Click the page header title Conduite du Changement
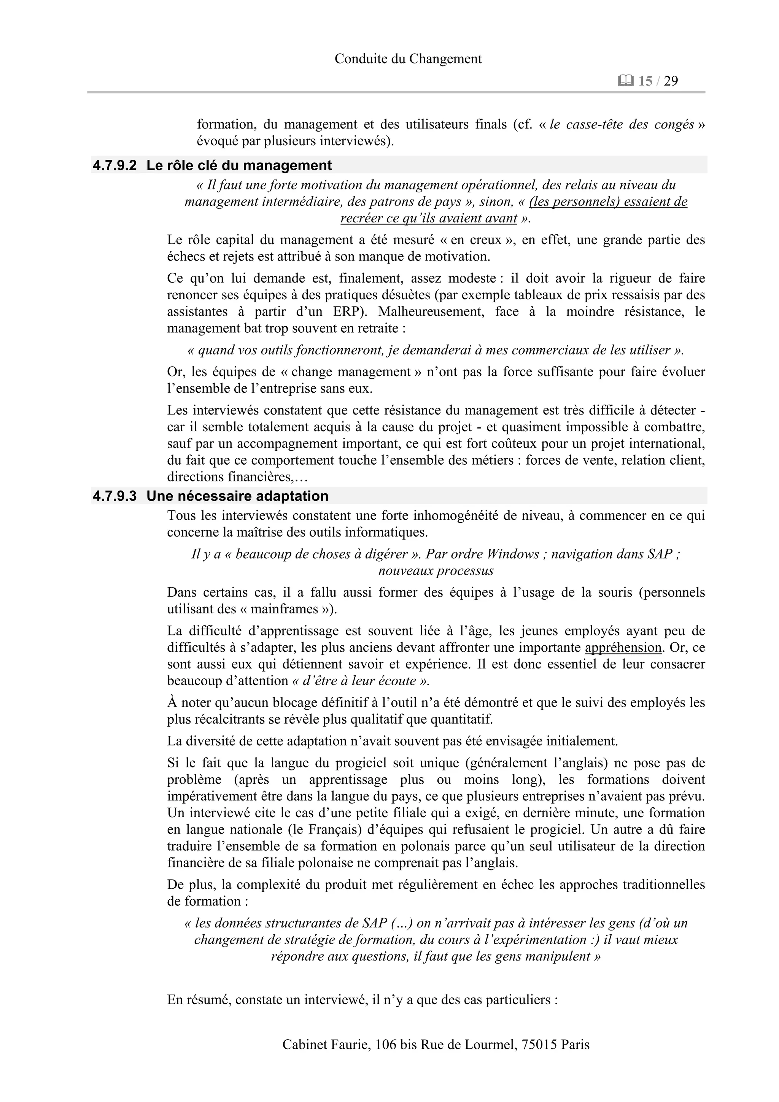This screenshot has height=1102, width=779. (x=408, y=59)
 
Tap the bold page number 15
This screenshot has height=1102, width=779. (x=645, y=81)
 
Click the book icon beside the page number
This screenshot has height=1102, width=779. (x=626, y=81)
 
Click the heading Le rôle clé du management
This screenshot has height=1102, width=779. (x=239, y=165)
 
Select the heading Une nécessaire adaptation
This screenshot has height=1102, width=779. (x=238, y=496)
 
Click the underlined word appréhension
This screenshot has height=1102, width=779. (x=623, y=648)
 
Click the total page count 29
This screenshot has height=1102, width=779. (x=671, y=81)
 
